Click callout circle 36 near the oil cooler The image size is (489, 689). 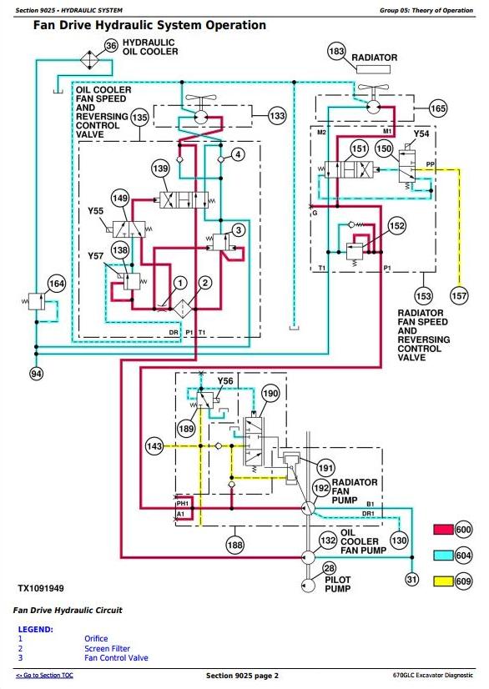pos(111,46)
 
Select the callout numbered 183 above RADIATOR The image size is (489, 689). pos(336,51)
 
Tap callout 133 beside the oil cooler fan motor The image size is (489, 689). pos(277,116)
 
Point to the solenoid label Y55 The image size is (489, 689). pos(95,211)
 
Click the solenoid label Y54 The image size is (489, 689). pos(421,133)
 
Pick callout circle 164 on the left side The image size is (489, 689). pos(57,284)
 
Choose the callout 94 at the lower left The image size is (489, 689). pos(37,374)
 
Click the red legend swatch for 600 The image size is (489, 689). pos(443,530)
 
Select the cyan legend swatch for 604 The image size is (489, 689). pos(443,556)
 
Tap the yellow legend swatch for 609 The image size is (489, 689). pos(443,581)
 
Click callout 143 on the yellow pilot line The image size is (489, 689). pos(154,446)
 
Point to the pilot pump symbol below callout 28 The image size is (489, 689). pos(308,586)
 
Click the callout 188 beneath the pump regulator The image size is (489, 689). pos(234,546)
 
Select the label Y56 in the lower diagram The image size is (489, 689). pos(225,380)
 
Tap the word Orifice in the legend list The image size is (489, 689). pos(96,638)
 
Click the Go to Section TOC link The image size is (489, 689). pos(44,675)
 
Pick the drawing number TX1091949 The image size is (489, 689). pos(41,588)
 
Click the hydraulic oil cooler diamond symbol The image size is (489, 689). pos(90,59)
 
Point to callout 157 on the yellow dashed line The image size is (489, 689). pos(459,296)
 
